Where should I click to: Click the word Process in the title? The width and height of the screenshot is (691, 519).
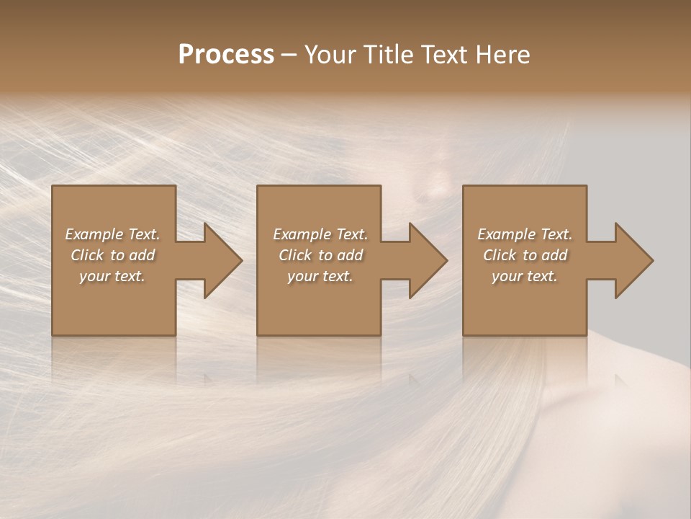pyautogui.click(x=226, y=55)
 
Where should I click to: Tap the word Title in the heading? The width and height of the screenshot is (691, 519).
pyautogui.click(x=388, y=55)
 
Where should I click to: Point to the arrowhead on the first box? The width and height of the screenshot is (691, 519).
pyautogui.click(x=220, y=260)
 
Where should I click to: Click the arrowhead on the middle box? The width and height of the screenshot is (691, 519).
pyautogui.click(x=425, y=260)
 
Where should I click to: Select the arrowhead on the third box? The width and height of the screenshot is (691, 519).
pyautogui.click(x=631, y=260)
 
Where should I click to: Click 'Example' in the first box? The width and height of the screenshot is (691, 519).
pyautogui.click(x=95, y=234)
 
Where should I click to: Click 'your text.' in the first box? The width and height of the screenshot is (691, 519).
pyautogui.click(x=112, y=276)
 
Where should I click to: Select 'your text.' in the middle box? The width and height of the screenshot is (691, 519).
pyautogui.click(x=320, y=276)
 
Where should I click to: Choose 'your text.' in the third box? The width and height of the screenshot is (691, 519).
pyautogui.click(x=525, y=276)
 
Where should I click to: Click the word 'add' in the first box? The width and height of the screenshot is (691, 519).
pyautogui.click(x=143, y=255)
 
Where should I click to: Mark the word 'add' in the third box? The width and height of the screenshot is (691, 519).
pyautogui.click(x=555, y=255)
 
